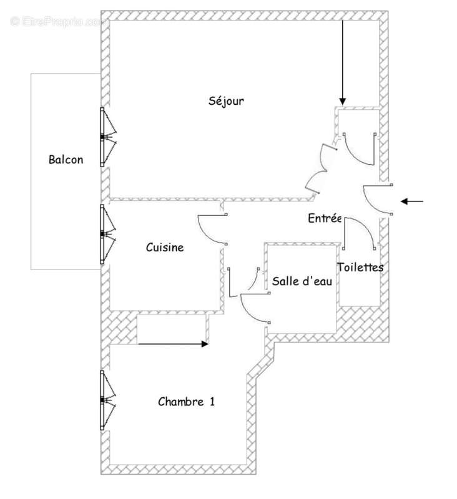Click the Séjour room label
[226, 101]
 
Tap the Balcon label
[66, 160]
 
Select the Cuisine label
[165, 248]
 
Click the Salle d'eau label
[301, 281]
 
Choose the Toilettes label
[360, 267]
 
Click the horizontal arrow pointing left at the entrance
[411, 201]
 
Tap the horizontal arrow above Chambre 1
[173, 343]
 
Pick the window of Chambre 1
[106, 400]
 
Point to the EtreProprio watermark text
[59, 21]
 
